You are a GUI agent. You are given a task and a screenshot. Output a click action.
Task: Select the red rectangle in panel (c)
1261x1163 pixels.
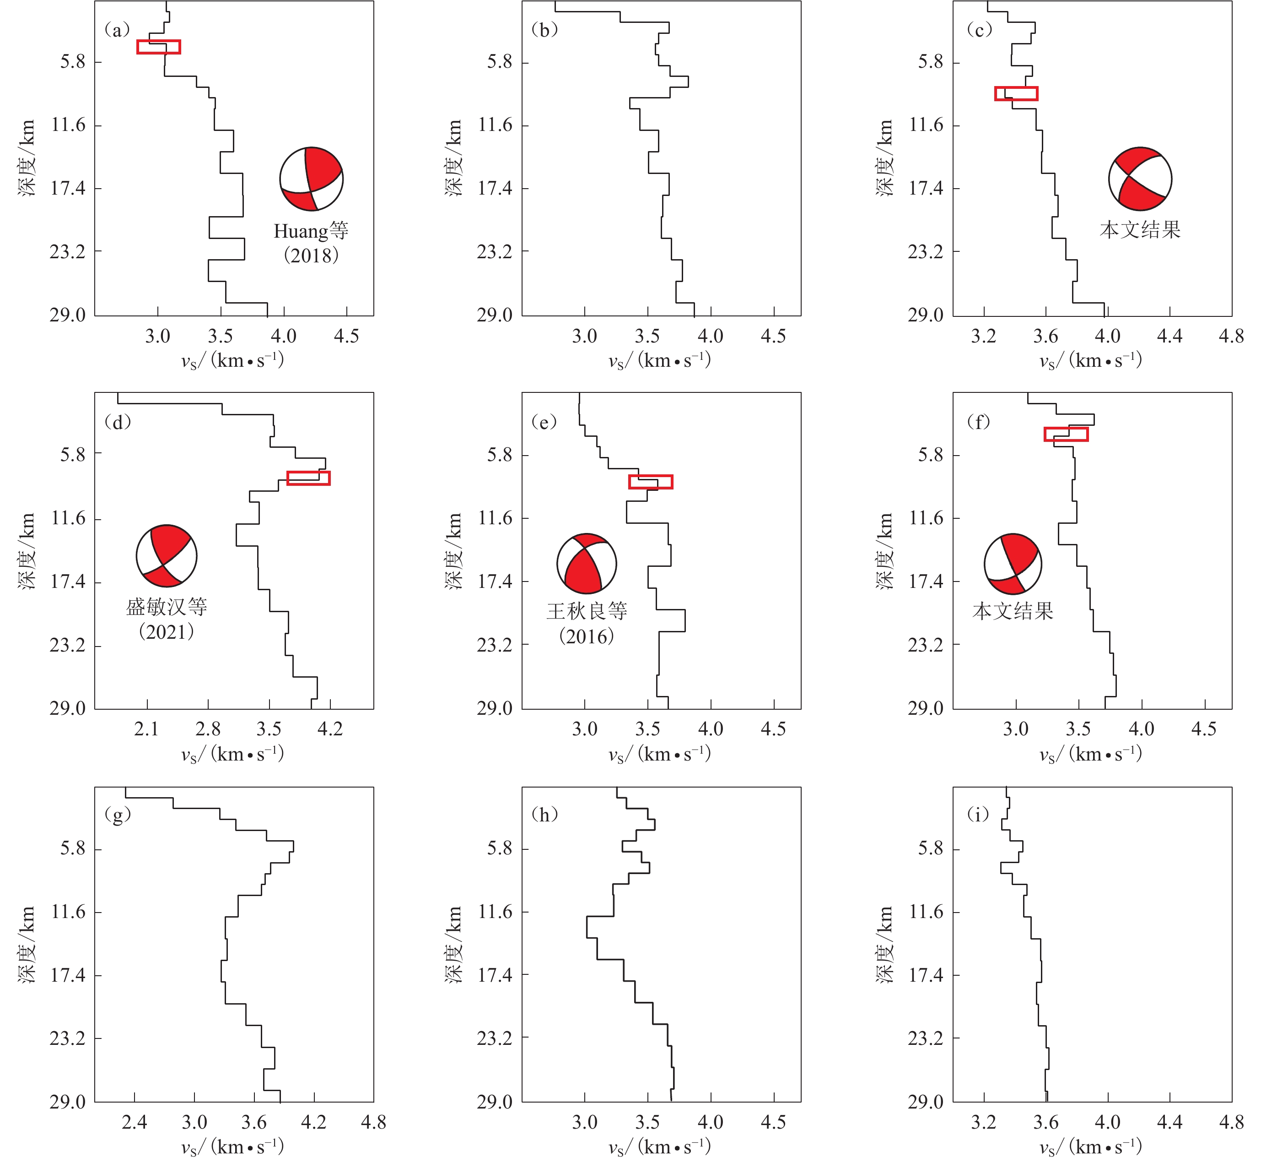point(1016,93)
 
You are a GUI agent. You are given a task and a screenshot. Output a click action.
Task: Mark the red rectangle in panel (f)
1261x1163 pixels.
point(1066,434)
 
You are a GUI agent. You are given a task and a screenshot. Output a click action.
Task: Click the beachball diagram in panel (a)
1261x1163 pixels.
point(311,179)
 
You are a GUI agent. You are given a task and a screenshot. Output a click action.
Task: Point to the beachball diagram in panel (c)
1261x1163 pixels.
point(1140,179)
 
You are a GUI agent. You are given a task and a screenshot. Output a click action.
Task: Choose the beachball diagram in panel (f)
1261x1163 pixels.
point(1013,564)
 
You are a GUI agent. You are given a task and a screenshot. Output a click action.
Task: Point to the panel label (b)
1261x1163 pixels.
point(544,30)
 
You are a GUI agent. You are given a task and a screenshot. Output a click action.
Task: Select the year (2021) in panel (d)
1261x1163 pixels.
point(166,631)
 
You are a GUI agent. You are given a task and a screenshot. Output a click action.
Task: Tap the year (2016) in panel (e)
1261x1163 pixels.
point(586,636)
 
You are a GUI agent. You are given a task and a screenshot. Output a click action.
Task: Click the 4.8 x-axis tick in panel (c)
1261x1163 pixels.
point(1230,336)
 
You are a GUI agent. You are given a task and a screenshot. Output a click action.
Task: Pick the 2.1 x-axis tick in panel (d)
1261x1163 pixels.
point(146,729)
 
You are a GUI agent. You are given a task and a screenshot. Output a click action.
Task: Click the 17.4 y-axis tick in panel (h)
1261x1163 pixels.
point(494,975)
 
